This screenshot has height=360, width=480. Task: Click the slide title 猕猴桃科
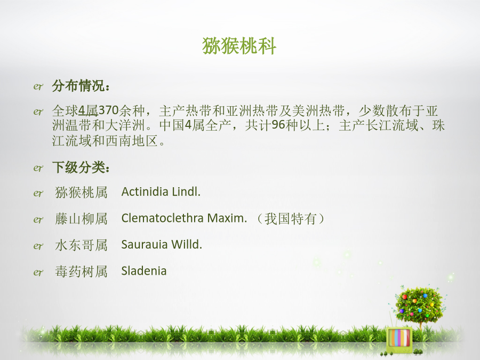pos(239,46)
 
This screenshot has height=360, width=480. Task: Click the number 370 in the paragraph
pos(108,110)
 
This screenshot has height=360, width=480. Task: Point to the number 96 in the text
pos(278,125)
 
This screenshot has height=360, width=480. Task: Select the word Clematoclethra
pos(163,218)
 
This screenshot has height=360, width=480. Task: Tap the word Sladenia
pos(144,271)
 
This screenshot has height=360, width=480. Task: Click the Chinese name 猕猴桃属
pos(81,193)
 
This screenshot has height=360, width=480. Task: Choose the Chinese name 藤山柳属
pos(81,219)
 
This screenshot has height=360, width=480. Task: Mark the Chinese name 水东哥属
pos(81,245)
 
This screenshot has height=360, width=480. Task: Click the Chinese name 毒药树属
pos(81,271)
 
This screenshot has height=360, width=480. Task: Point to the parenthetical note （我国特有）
pos(290,219)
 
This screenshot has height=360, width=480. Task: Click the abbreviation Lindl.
pos(186,191)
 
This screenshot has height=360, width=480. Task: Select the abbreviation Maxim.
pos(227,218)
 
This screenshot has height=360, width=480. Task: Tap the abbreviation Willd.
pos(187,244)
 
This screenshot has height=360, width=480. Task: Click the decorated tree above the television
pos(419,305)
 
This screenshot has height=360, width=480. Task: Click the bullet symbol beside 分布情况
pos(38,86)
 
